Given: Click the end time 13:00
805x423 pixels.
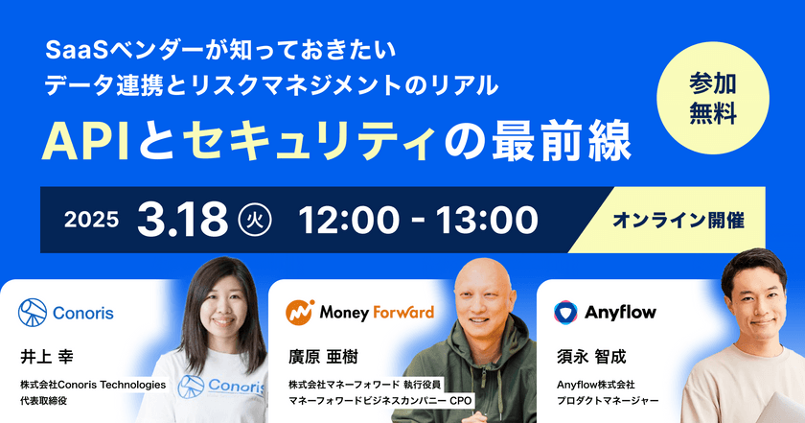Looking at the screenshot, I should pyautogui.click(x=483, y=219).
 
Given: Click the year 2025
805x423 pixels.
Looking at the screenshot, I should pyautogui.click(x=92, y=220).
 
